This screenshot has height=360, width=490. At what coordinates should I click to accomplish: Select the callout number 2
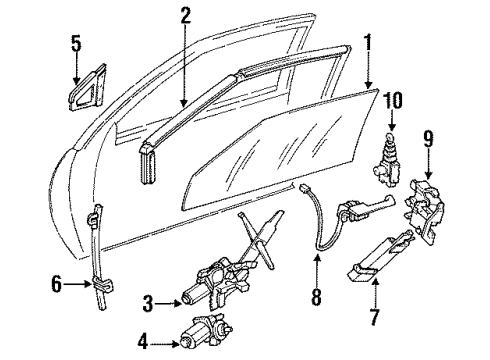coord(185,15)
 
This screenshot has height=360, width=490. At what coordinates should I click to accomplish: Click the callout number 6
coord(55,285)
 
